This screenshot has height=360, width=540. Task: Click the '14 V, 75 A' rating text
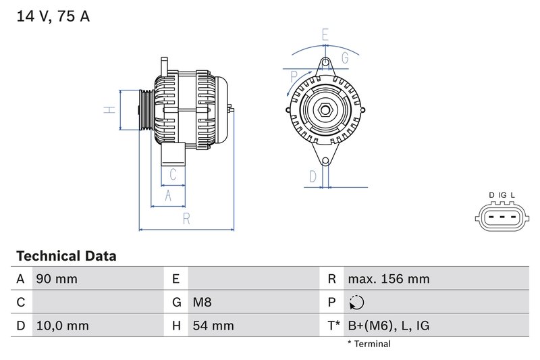[53, 17]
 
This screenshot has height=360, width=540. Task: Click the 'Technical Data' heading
[66, 256]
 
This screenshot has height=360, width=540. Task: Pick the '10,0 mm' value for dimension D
[62, 326]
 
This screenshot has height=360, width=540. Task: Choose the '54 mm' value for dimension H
[213, 326]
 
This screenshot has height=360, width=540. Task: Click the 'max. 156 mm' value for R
[388, 279]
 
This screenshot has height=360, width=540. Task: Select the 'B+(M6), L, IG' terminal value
[388, 326]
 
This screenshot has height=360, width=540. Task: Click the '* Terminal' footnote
[369, 344]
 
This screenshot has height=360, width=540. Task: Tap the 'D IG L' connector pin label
[502, 196]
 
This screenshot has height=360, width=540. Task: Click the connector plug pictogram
[502, 218]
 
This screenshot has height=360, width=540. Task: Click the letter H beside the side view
[107, 109]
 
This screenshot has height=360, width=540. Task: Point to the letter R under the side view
[186, 219]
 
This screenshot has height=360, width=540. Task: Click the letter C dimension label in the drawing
[173, 174]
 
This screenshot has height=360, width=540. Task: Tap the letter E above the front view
[325, 34]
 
